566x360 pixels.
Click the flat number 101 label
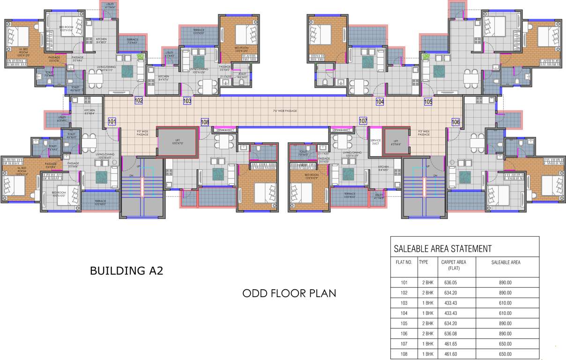(112, 122)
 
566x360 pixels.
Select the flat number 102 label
(138, 101)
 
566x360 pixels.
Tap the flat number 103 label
(187, 101)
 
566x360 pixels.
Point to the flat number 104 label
(380, 101)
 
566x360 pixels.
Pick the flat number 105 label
(428, 101)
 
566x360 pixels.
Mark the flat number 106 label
(455, 122)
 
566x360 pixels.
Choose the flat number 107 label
(363, 121)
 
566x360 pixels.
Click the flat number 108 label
(205, 122)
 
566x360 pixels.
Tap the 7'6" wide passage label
(285, 111)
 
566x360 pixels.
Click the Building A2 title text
(126, 271)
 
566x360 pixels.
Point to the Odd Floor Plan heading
(289, 293)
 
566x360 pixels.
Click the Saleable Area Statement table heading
(443, 249)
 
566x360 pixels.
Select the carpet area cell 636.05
(450, 283)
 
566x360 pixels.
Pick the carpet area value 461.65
(450, 344)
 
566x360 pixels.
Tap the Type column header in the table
(424, 262)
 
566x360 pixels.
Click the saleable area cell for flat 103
(505, 303)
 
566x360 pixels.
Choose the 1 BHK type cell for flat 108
(426, 354)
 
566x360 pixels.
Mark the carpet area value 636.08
(450, 334)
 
